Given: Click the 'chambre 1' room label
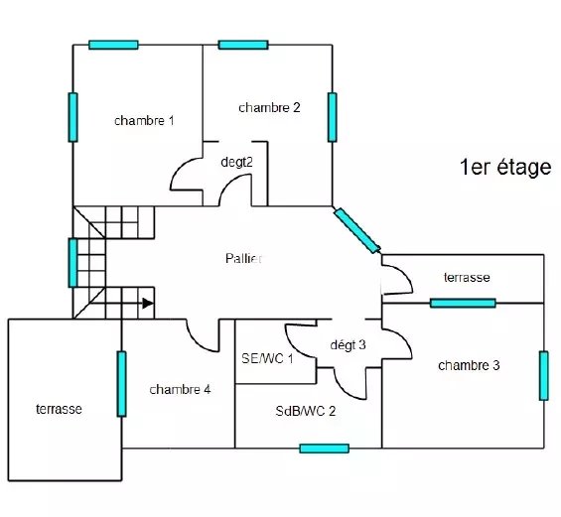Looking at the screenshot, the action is tap(144, 121).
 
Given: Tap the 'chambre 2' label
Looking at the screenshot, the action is tap(269, 107).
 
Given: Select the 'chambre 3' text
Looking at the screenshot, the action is tap(469, 365).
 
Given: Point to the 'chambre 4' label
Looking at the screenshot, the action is tap(180, 389).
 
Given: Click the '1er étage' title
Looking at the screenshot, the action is tap(505, 168).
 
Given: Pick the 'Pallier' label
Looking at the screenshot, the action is tap(243, 258).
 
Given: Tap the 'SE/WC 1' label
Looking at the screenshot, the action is tap(267, 358).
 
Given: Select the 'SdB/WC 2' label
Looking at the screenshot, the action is tap(306, 411).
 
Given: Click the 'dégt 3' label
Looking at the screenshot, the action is tap(348, 345).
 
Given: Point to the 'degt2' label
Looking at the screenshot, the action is tap(237, 162).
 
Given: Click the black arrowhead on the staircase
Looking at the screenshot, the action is tap(148, 304).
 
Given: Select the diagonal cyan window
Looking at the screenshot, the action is tap(357, 230).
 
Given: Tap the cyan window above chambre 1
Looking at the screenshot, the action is tap(113, 45).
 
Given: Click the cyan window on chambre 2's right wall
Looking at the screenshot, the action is tap(333, 117).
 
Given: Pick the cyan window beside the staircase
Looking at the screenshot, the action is tap(73, 263).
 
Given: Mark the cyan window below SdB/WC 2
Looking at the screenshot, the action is tap(324, 449).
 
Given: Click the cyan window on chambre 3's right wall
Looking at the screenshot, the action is tap(544, 376).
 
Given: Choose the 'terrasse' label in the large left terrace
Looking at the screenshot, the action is tap(59, 409).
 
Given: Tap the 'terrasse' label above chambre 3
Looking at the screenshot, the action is tap(467, 277).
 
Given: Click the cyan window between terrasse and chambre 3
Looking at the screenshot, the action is tap(463, 304).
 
